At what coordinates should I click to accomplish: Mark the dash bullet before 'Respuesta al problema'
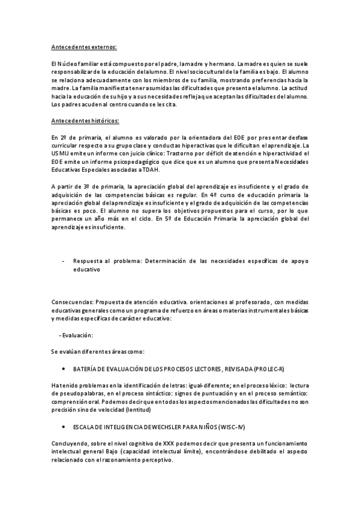tap(64, 262)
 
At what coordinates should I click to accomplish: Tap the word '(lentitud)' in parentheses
tap(137, 409)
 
